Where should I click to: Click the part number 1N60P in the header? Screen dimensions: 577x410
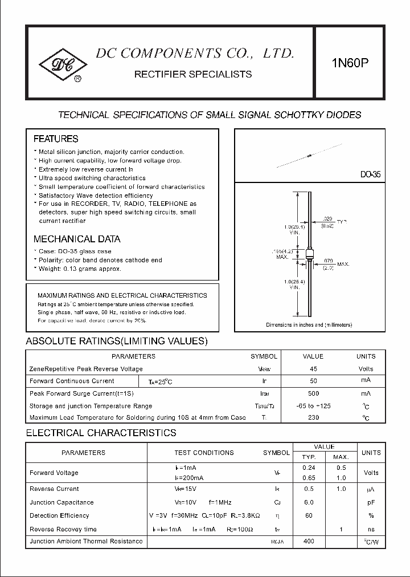(x=350, y=63)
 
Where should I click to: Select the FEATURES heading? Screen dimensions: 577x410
(x=56, y=139)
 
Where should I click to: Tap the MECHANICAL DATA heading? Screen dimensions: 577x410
(x=77, y=239)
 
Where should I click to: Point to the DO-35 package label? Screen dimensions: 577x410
(x=370, y=174)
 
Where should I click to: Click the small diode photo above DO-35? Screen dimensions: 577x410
(x=308, y=155)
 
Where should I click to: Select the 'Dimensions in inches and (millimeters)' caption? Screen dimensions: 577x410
(x=309, y=325)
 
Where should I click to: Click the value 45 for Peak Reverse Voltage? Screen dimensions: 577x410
(x=313, y=369)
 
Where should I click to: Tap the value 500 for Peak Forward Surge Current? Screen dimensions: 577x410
(x=313, y=393)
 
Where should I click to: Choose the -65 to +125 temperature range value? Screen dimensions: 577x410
(x=313, y=406)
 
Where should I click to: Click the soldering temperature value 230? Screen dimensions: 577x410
(x=313, y=418)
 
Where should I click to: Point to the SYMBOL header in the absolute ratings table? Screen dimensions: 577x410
(x=264, y=356)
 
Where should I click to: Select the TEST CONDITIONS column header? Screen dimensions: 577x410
(x=204, y=453)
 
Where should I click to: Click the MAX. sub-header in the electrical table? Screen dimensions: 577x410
(x=341, y=457)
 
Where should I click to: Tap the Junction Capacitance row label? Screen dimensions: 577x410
(x=61, y=502)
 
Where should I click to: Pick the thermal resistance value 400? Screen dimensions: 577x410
(x=309, y=541)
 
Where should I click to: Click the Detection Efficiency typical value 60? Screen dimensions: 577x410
(x=309, y=515)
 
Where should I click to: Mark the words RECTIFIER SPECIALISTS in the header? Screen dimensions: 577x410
(x=192, y=75)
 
